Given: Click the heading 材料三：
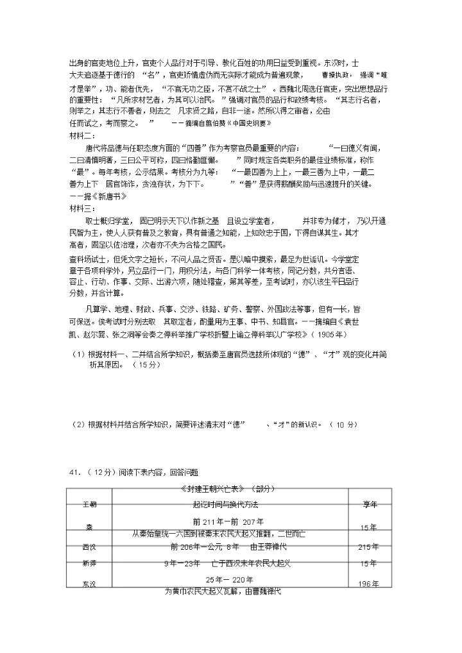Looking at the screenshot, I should pyautogui.click(x=81, y=208).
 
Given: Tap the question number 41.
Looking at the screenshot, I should pyautogui.click(x=74, y=472).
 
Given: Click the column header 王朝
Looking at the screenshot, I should pyautogui.click(x=89, y=504).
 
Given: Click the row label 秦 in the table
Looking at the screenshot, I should pyautogui.click(x=89, y=527).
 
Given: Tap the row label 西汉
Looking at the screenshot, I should pyautogui.click(x=89, y=547).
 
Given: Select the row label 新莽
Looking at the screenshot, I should pyautogui.click(x=89, y=563).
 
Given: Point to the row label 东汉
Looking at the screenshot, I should pyautogui.click(x=89, y=584).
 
